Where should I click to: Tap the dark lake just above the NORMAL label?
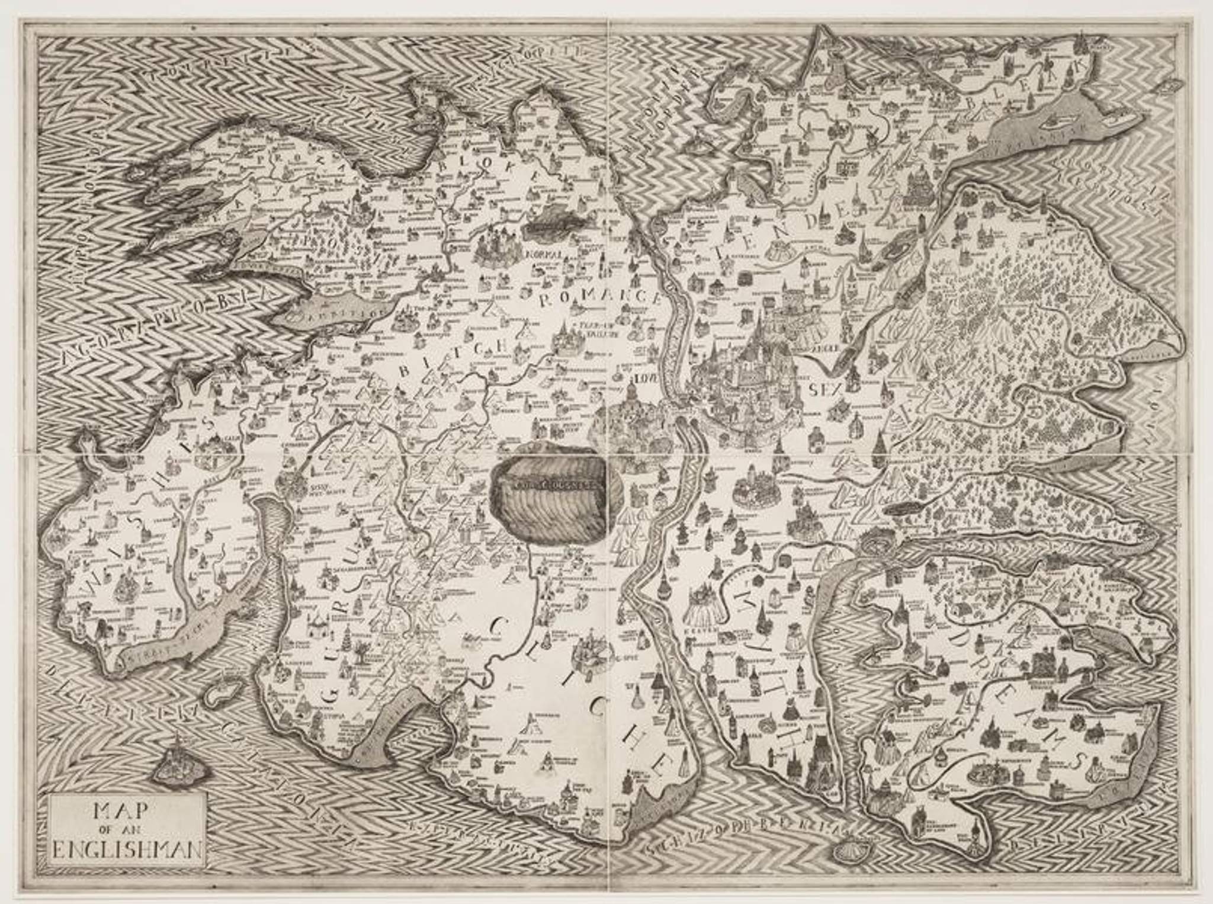pos(545,222)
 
